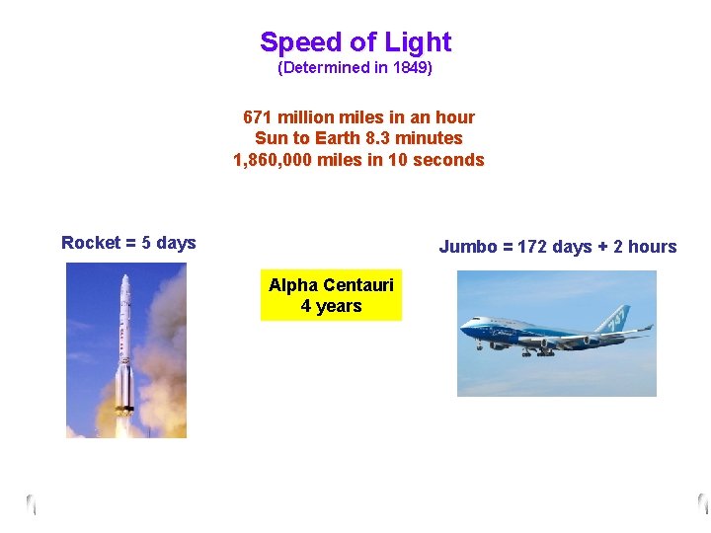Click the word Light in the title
click(x=418, y=42)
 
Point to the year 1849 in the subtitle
click(x=410, y=68)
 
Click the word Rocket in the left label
click(x=91, y=243)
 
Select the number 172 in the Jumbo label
click(x=533, y=247)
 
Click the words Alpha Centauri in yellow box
click(x=331, y=285)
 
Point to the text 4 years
click(x=331, y=306)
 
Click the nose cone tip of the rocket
click(x=124, y=278)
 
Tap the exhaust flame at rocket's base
click(x=124, y=426)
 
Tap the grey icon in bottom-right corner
click(x=702, y=502)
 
